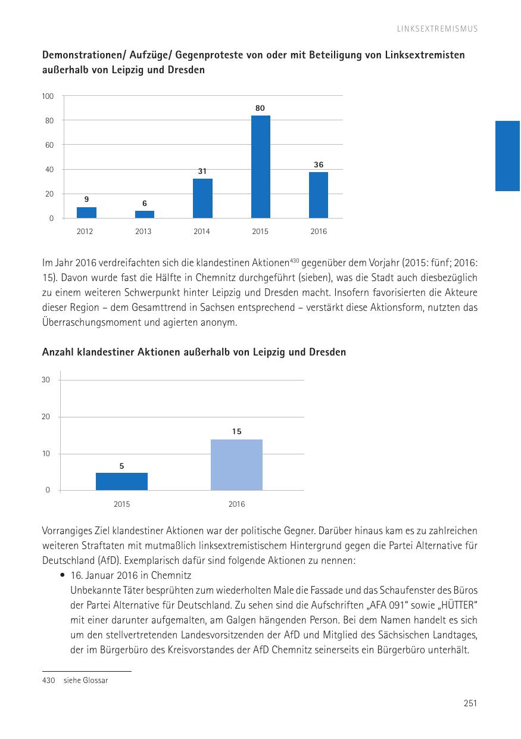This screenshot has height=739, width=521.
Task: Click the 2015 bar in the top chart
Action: [x=260, y=167]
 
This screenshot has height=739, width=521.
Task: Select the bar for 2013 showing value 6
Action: [x=144, y=214]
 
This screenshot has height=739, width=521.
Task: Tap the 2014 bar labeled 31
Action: [x=202, y=198]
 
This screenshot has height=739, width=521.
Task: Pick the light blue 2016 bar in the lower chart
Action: [x=236, y=464]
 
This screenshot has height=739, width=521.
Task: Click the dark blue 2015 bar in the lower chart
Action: [x=121, y=481]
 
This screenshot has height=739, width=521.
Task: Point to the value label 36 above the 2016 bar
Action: [x=319, y=164]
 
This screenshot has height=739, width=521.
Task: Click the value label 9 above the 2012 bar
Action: [x=86, y=199]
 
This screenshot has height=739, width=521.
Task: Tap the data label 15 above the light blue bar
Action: [x=236, y=431]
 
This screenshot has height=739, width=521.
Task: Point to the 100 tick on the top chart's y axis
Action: [x=48, y=96]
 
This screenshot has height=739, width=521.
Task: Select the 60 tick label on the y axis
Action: [x=49, y=145]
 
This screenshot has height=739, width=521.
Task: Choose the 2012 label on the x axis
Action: [x=85, y=232]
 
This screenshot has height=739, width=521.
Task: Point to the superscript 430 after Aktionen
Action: [x=294, y=260]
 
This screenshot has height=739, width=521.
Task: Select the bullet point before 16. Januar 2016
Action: [x=62, y=576]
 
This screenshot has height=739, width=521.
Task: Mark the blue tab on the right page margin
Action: [x=508, y=155]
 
